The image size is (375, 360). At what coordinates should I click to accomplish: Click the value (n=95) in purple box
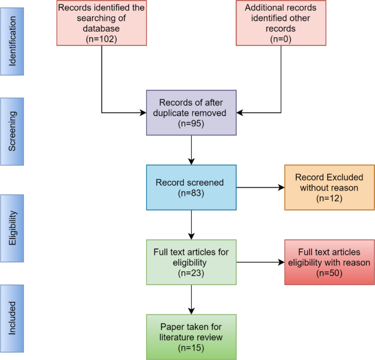191,124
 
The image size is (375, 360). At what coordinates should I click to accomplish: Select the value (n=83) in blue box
191,193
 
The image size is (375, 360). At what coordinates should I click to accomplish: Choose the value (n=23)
191,272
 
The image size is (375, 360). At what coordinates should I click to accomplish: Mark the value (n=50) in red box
330,272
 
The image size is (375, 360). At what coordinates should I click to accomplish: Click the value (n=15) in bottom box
191,347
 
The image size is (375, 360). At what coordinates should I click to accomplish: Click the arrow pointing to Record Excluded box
261,188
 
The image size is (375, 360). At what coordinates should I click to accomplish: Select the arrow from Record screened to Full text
191,224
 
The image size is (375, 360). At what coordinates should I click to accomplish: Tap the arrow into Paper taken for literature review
191,299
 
